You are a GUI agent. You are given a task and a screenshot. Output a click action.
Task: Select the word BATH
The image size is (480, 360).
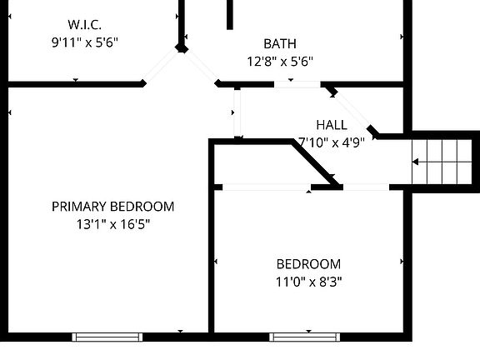pos(279,43)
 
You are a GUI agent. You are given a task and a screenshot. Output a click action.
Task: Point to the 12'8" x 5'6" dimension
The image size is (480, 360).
pos(279,61)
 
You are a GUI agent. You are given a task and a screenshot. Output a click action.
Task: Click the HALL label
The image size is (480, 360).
pos(332,124)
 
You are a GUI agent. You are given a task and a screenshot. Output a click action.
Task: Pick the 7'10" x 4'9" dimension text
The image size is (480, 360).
pos(332,142)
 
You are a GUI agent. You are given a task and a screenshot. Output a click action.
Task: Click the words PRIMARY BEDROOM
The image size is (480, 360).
pos(112,207)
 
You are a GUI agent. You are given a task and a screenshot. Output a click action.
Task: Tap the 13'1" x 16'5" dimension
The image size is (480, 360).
pos(112,223)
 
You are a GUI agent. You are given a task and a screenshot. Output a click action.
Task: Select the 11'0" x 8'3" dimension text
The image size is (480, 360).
pos(309,282)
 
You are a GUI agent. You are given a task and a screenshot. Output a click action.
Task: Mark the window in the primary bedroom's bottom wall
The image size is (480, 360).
pos(107,337)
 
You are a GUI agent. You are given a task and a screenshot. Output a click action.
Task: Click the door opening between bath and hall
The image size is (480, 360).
pos(297,83)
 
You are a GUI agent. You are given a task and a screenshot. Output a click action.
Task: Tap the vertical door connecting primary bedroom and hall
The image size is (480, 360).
pos(237,112)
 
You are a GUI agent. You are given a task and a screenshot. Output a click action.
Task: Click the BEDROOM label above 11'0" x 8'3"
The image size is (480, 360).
pos(309,264)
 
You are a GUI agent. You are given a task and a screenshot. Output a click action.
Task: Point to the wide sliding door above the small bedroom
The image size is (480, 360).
pos(263,187)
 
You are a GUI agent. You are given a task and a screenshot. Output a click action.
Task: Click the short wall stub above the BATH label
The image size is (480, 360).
pos(229,14)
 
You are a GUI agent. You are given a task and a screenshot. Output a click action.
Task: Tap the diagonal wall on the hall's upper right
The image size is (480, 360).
pos(351,108)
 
